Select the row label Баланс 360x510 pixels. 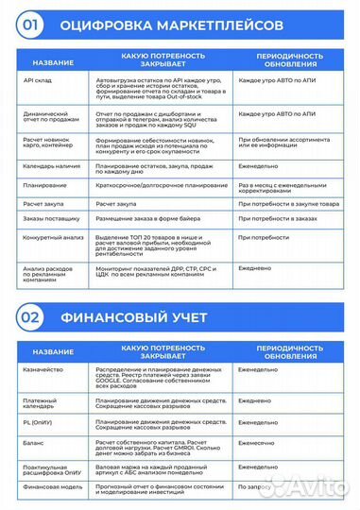[30, 447]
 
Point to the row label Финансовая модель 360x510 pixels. [48, 489]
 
